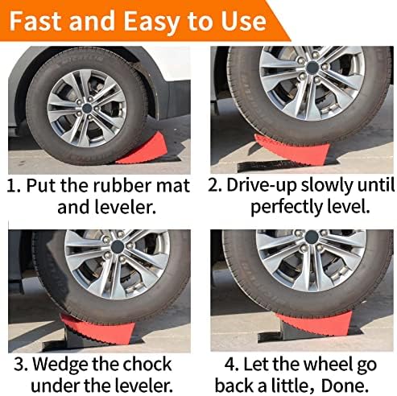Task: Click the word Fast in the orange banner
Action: tap(36, 21)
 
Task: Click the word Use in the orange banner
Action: tap(243, 21)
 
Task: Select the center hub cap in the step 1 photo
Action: tap(87, 108)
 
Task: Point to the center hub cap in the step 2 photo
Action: tap(312, 68)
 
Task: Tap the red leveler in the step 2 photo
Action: tap(292, 150)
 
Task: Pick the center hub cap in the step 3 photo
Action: tap(118, 246)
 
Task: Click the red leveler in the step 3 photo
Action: tap(98, 329)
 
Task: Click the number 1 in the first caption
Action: tap(11, 185)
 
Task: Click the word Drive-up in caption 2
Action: tap(262, 185)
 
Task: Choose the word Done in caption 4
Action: tap(345, 386)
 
